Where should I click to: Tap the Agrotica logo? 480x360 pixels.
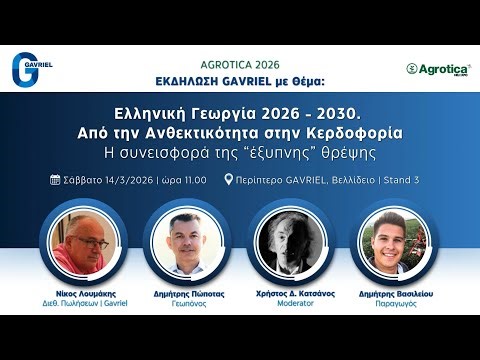(438, 68)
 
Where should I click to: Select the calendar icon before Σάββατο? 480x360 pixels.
(55, 181)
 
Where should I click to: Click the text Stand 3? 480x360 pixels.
(400, 181)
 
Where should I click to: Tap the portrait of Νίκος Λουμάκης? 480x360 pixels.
(81, 243)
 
